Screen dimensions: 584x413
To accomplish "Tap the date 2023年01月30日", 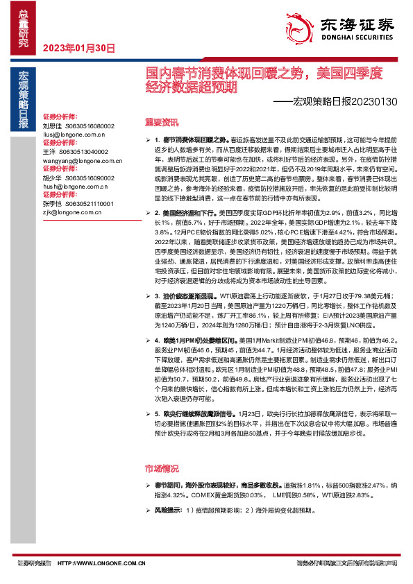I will click(x=78, y=48).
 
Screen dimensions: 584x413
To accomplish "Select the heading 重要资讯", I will click(x=161, y=123).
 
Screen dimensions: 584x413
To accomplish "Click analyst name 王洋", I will click(x=49, y=151).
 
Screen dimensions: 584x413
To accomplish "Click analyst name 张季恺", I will click(x=52, y=204).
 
